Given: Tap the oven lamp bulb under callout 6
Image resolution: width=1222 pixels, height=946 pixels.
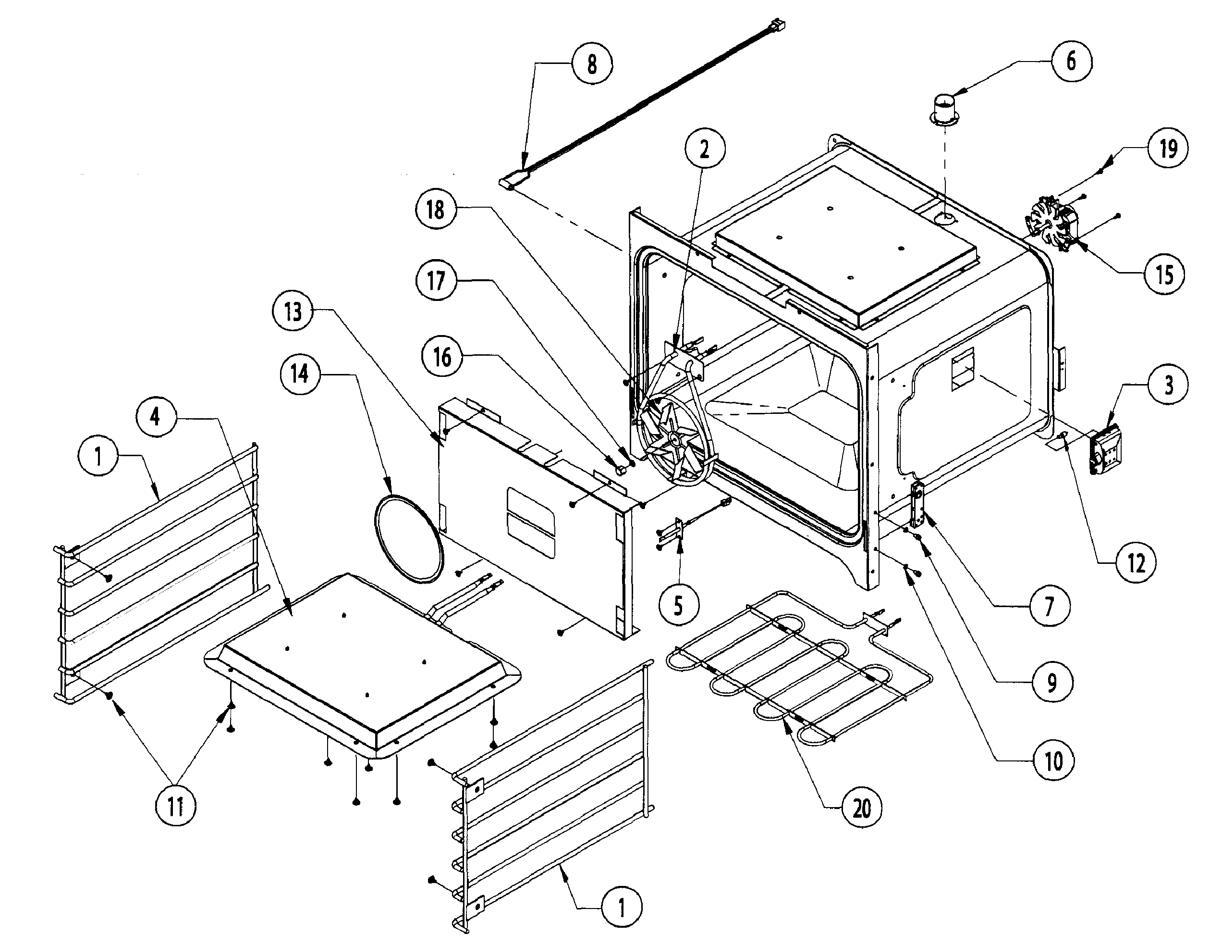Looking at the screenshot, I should pos(944,109).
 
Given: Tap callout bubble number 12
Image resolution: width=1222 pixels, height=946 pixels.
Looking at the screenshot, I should pos(1136,562).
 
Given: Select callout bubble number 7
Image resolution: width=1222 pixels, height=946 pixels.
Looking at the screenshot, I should pos(1050,606).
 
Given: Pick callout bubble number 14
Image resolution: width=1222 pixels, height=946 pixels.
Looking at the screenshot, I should pos(299,373).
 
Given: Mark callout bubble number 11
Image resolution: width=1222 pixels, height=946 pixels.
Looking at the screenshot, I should pos(176,807).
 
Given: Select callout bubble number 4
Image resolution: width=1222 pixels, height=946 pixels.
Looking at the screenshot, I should pos(156,416).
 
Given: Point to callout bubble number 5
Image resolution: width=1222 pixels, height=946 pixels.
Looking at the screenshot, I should pos(679,605).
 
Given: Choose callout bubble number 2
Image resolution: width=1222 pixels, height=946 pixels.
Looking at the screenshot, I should pos(705,149).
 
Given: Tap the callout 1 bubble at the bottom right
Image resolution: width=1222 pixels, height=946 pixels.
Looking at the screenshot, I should pos(622,908).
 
